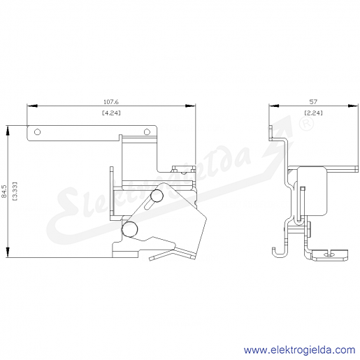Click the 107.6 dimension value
pyautogui.click(x=111, y=102)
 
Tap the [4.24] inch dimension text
pyautogui.click(x=111, y=113)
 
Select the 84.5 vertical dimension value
pyautogui.click(x=4, y=192)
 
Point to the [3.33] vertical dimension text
pyautogui.click(x=15, y=192)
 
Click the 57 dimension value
pyautogui.click(x=313, y=102)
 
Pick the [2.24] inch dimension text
pyautogui.click(x=314, y=113)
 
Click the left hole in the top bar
pyautogui.click(x=37, y=132)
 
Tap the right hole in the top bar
pyautogui.click(x=147, y=132)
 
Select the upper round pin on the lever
pyautogui.click(x=157, y=196)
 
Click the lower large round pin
pyautogui.click(x=129, y=229)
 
